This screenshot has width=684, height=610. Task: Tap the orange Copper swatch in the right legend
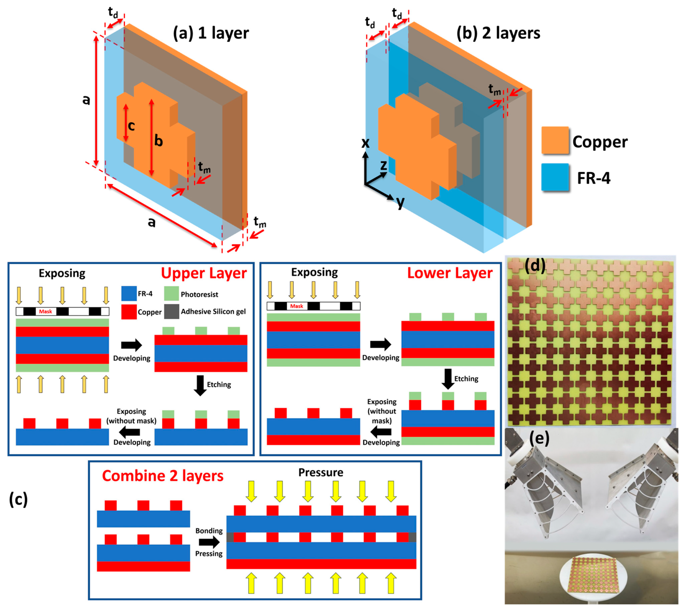pyautogui.click(x=555, y=140)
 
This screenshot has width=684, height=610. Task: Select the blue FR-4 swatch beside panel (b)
pyautogui.click(x=555, y=177)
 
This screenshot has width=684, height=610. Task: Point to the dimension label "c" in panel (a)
pyautogui.click(x=131, y=126)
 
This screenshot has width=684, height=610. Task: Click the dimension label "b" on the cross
pyautogui.click(x=159, y=141)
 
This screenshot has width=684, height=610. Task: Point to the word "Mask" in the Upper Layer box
pyautogui.click(x=45, y=311)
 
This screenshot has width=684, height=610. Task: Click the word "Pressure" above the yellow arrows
pyautogui.click(x=321, y=473)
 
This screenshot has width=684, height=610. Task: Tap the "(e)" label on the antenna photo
pyautogui.click(x=539, y=438)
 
